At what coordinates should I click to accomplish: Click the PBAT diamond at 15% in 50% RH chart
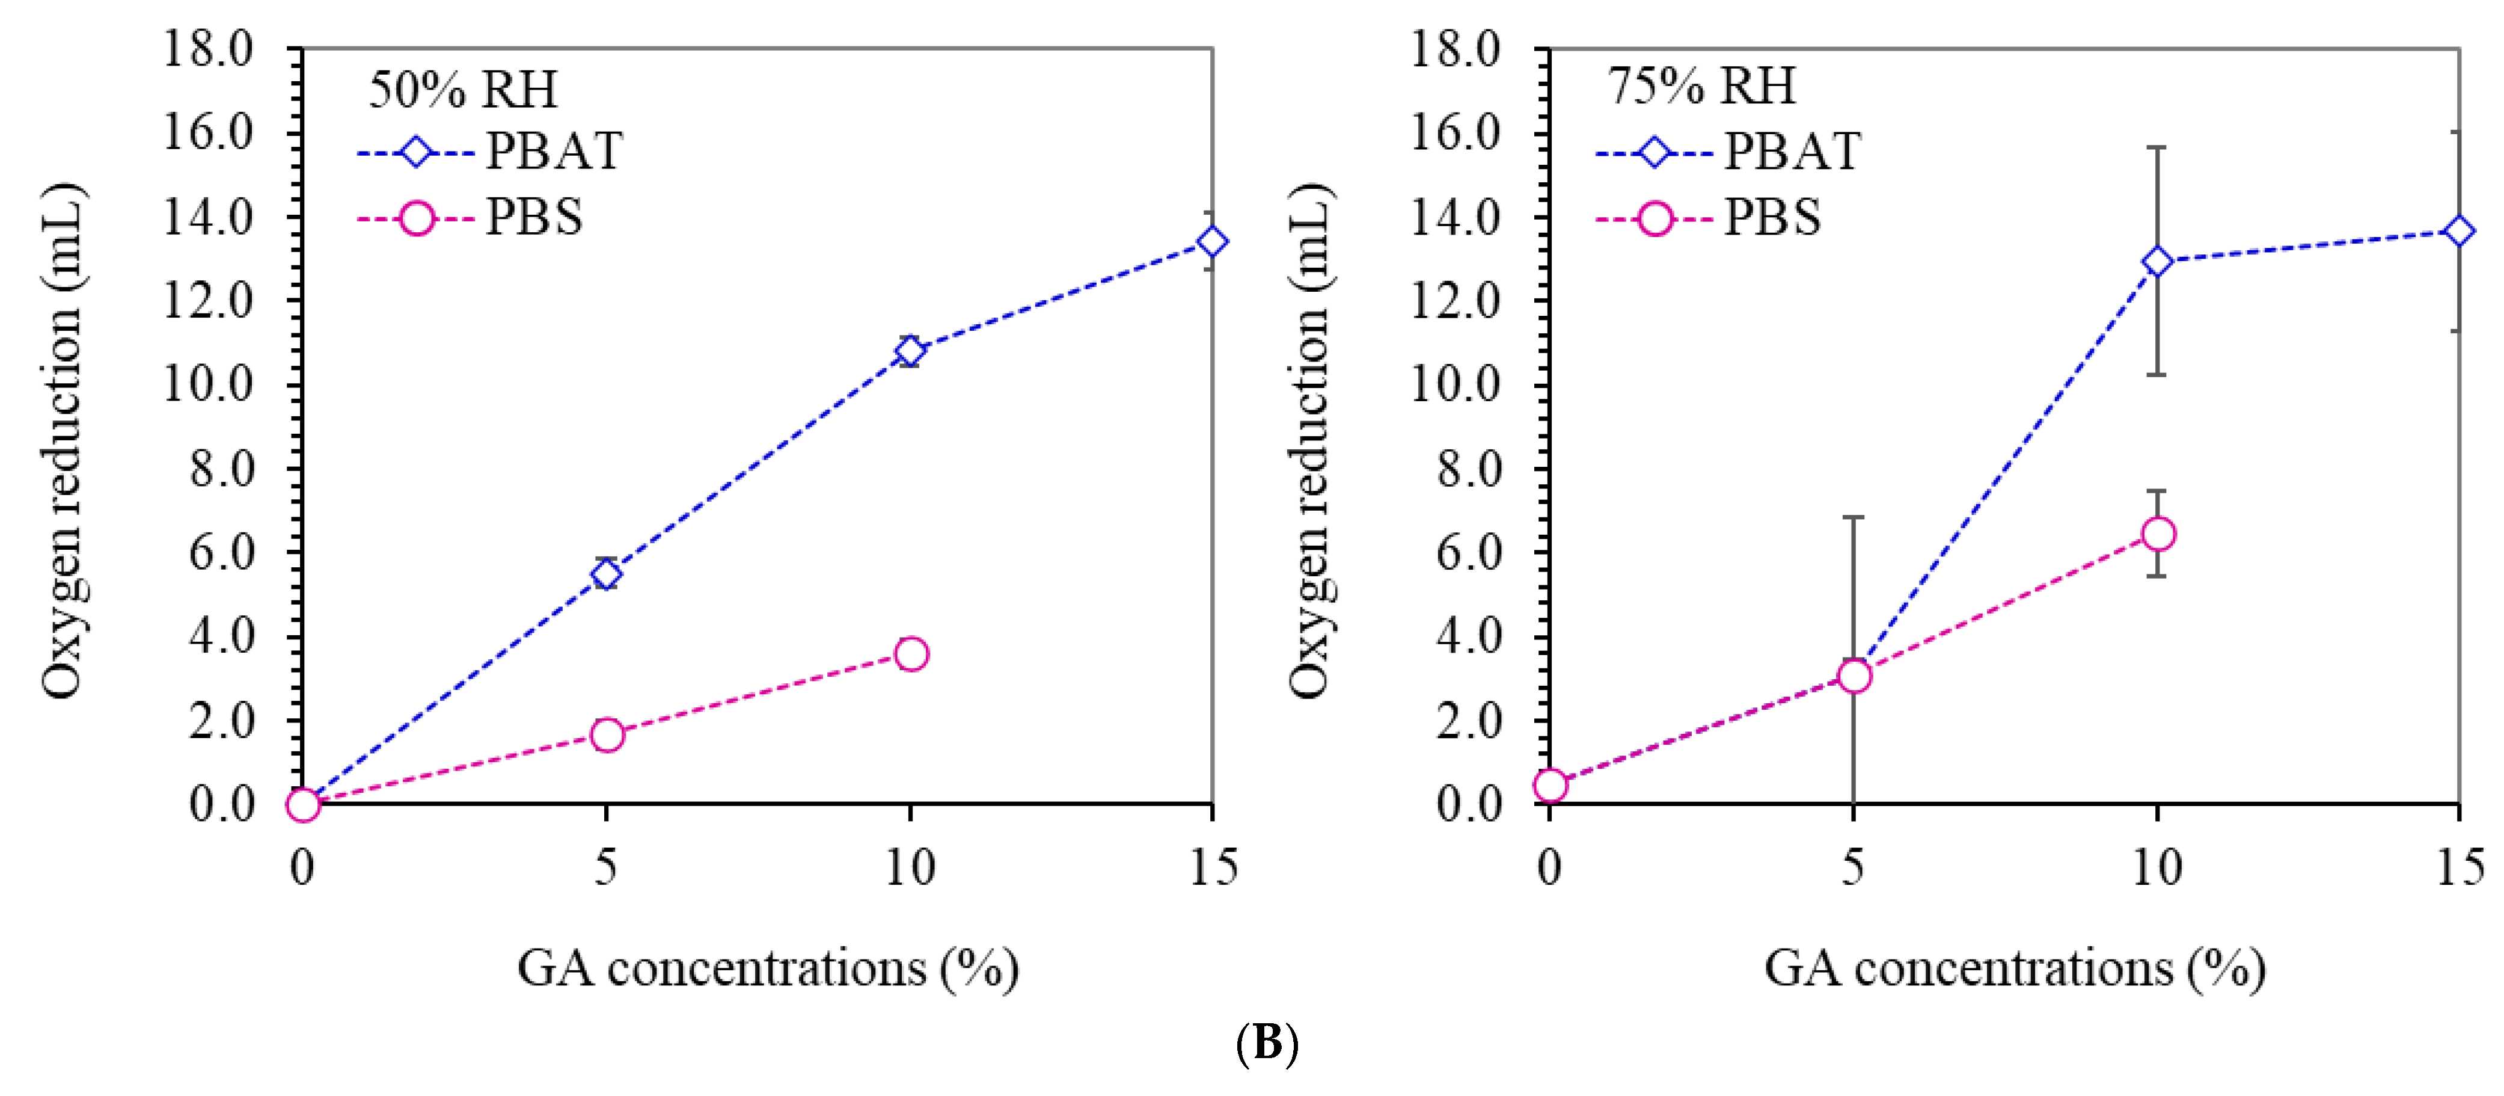pyautogui.click(x=1211, y=241)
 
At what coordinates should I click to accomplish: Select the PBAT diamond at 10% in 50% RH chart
pyautogui.click(x=910, y=350)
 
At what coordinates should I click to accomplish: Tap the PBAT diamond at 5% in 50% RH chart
pyautogui.click(x=607, y=574)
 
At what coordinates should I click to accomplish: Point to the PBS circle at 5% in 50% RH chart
pyautogui.click(x=607, y=734)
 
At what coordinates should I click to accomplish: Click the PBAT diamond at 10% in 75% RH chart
pyautogui.click(x=2157, y=262)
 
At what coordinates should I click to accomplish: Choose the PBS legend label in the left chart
pyautogui.click(x=534, y=217)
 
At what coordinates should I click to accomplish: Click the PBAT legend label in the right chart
pyautogui.click(x=1792, y=152)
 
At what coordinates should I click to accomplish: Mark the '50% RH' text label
pyautogui.click(x=463, y=90)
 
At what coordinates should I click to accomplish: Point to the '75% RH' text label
pyautogui.click(x=1701, y=85)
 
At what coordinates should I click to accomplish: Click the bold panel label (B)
pyautogui.click(x=1267, y=1044)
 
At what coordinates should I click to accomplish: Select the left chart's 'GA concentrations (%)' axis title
pyautogui.click(x=767, y=968)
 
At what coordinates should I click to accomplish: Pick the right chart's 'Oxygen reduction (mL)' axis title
pyautogui.click(x=1311, y=440)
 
